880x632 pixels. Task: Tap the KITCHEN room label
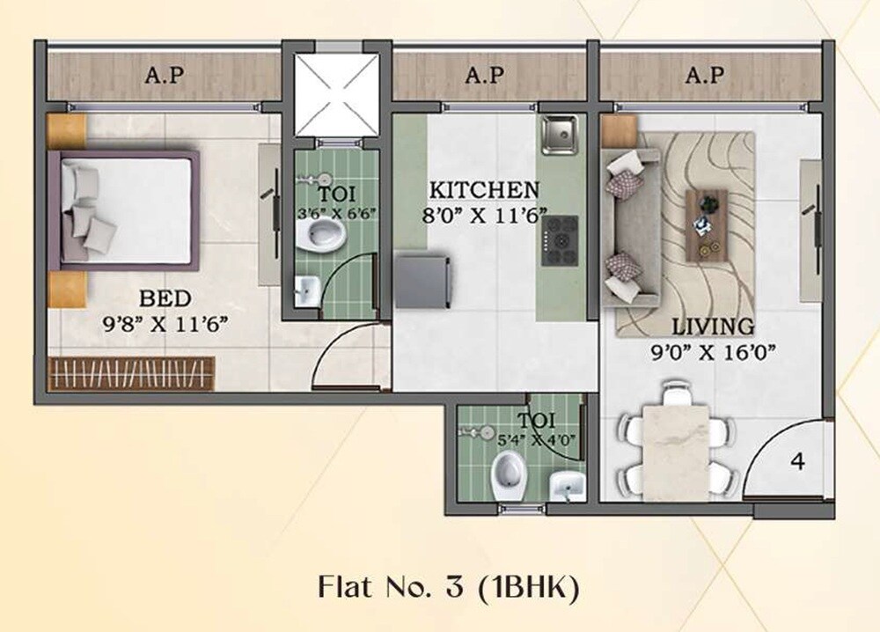click(483, 190)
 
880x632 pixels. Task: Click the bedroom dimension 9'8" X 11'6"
click(165, 323)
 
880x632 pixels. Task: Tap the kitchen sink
click(559, 133)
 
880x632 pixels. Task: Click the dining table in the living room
click(676, 449)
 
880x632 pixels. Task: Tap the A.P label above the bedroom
click(164, 76)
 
